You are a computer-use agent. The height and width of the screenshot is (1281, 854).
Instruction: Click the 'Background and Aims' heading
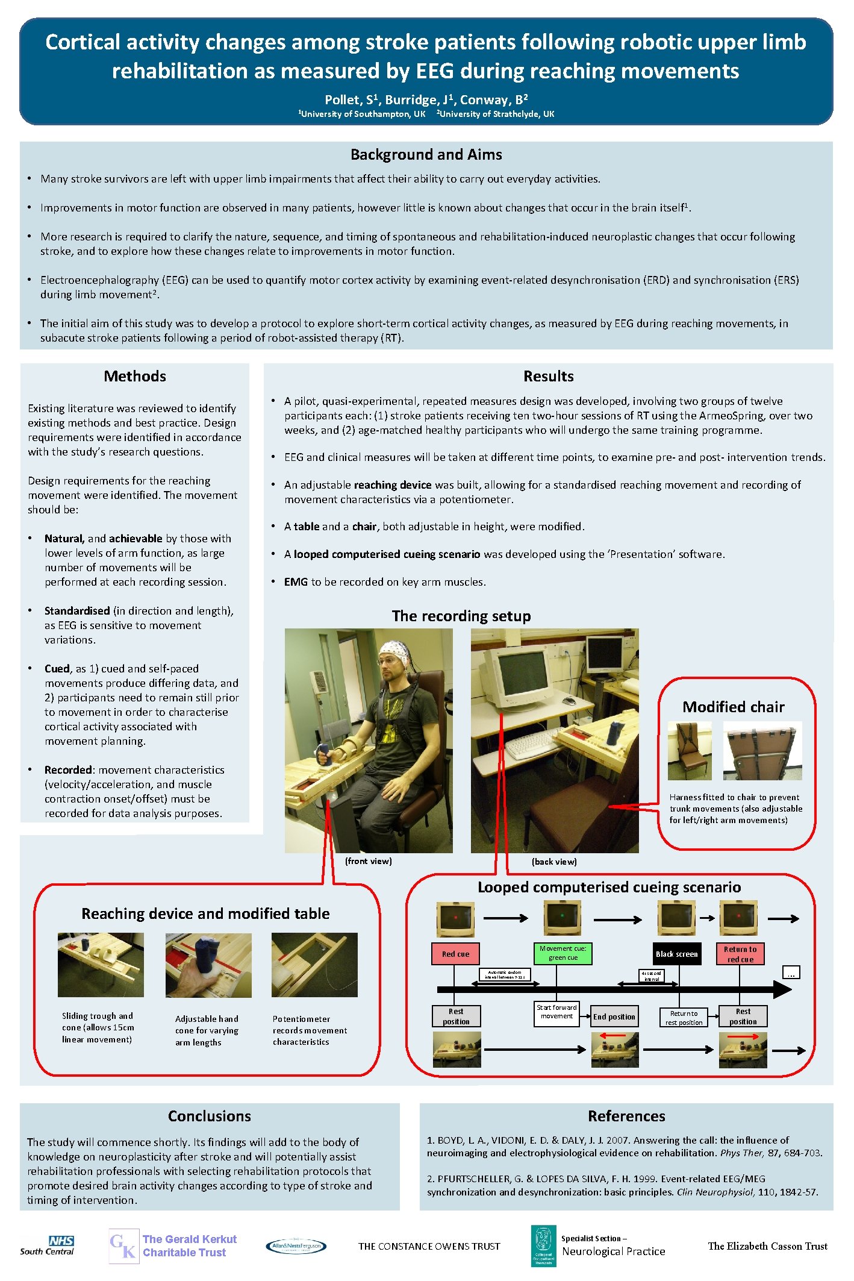(426, 155)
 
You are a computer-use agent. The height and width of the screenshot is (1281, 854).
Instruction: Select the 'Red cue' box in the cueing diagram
(455, 954)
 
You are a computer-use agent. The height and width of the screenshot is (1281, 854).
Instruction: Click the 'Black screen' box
(677, 954)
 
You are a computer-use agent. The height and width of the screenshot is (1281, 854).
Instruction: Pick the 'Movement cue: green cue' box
(563, 953)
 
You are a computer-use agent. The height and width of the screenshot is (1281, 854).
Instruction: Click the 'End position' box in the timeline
(614, 1016)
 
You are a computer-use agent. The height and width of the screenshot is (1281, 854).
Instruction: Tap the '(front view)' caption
(368, 861)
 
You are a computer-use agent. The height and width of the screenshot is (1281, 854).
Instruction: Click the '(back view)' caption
(554, 862)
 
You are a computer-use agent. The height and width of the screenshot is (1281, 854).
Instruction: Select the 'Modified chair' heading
(733, 707)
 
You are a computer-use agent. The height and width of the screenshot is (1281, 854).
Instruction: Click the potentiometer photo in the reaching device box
(314, 964)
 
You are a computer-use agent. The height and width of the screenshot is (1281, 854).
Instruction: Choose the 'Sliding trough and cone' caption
(98, 1027)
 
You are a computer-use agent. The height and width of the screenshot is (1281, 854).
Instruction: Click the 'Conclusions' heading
(209, 1116)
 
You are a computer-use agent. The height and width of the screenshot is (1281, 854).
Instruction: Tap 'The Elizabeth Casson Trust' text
(767, 1245)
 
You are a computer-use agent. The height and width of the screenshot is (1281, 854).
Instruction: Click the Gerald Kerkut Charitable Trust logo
(173, 1246)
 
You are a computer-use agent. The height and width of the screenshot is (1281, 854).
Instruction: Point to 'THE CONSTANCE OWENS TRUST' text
(429, 1246)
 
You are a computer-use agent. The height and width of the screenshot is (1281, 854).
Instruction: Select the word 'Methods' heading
(135, 376)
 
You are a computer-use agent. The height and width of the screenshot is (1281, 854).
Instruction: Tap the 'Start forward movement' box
(556, 1012)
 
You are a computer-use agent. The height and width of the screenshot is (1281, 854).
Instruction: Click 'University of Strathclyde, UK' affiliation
(496, 114)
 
